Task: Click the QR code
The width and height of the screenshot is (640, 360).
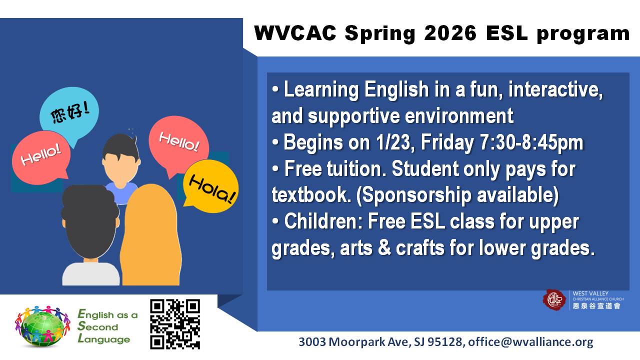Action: (175, 324)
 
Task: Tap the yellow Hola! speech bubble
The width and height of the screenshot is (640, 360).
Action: (210, 186)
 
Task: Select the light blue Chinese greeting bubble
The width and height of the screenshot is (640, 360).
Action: (69, 114)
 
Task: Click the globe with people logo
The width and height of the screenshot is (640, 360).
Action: (42, 326)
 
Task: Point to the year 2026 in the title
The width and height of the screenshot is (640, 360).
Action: (450, 33)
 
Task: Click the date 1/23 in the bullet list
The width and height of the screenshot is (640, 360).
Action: (393, 142)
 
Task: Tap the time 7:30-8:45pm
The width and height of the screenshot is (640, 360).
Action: (531, 142)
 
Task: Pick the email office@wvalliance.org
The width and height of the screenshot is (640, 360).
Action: (530, 341)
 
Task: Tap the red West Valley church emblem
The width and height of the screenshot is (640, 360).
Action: (554, 299)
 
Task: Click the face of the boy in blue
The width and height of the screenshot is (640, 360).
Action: (120, 167)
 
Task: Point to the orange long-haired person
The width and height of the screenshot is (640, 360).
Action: (151, 234)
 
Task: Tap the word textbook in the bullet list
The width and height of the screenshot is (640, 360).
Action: (311, 195)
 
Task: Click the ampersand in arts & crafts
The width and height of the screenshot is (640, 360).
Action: (384, 247)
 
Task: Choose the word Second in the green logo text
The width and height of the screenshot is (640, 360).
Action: (97, 326)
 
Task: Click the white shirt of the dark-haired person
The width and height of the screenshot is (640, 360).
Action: (90, 274)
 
